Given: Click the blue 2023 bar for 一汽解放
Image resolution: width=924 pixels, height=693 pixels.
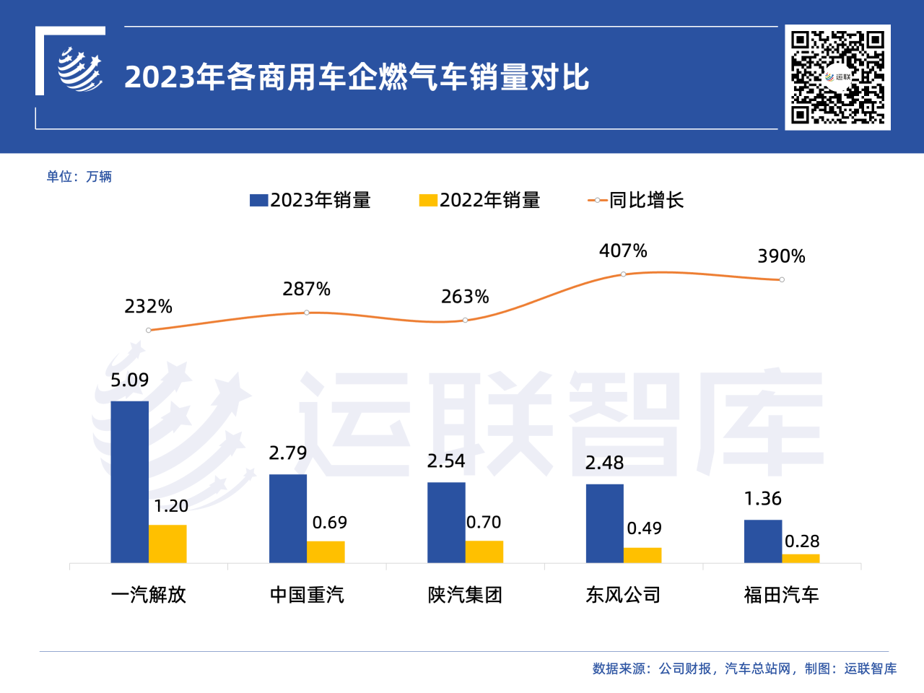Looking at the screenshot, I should pos(129,481).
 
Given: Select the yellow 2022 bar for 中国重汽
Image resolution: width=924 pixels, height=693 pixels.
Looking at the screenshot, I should pos(326,552).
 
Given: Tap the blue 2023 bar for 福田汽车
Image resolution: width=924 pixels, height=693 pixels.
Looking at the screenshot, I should pos(762,541).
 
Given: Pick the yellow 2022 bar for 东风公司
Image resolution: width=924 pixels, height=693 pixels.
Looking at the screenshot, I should pos(642,555).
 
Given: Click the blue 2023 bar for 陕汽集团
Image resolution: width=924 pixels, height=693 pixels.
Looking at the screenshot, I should pos(446,523).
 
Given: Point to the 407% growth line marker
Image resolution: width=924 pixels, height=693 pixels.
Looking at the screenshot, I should pos(623,274).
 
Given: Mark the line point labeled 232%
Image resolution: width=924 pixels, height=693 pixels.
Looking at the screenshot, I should pos(149,331).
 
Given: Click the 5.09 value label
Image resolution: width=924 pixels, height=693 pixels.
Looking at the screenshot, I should pos(130,380).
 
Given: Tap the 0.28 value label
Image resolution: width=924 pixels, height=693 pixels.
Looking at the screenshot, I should pos(802,541).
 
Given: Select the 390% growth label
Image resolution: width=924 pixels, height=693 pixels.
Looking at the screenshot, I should pos(781,256).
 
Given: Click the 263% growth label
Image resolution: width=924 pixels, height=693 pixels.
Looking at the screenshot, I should pos(465,297).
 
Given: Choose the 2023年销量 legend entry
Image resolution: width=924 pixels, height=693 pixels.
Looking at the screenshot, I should pos(310,201).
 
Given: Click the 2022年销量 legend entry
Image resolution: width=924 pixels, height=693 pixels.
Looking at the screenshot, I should pos(480,201).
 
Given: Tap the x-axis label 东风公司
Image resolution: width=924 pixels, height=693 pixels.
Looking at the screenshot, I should pos(623,595).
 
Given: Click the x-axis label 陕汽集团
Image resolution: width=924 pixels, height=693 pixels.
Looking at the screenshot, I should pos(465,595).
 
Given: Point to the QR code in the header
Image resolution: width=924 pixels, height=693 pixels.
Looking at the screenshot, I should pos(837,77).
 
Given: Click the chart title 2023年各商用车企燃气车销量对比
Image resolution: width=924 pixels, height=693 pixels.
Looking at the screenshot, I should pos(357,77).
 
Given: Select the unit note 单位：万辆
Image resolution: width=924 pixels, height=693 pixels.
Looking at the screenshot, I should pos(79,177).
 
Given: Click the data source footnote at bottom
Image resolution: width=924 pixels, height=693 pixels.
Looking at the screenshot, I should pos(744,669).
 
